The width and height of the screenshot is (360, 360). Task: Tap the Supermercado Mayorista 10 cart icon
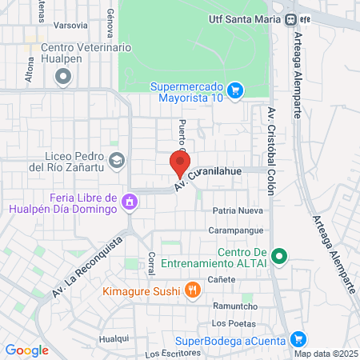234,90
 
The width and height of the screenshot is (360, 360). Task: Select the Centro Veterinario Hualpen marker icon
63,77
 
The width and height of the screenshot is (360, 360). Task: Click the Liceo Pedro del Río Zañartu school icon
117,160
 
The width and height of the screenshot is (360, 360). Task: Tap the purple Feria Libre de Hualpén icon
129,204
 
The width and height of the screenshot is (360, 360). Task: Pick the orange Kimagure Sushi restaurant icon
192,290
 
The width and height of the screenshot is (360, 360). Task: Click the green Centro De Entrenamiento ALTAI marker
278,257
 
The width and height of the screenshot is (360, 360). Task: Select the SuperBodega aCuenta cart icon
298,340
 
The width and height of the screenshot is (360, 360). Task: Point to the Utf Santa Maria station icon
292,20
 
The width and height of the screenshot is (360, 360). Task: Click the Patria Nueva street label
238,211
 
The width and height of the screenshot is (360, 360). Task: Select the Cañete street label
222,279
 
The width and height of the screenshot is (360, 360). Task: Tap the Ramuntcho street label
233,306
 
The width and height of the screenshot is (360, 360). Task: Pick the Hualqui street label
113,339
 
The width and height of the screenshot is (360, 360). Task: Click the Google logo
27,350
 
